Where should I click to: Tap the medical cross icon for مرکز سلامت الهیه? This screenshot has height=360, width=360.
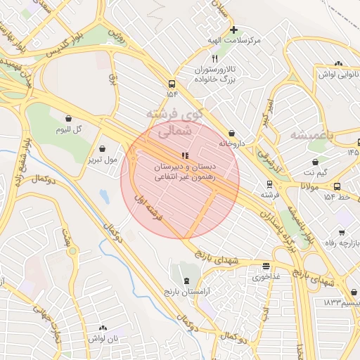[x=234, y=30]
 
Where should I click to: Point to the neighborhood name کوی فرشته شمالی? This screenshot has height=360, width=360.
[x=174, y=122]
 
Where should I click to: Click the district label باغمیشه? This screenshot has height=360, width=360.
[x=309, y=134]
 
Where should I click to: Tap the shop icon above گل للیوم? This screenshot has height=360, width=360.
[x=68, y=119]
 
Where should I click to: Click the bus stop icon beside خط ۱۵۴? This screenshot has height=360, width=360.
[x=337, y=186]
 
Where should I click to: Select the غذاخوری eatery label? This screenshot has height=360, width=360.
[x=266, y=277]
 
